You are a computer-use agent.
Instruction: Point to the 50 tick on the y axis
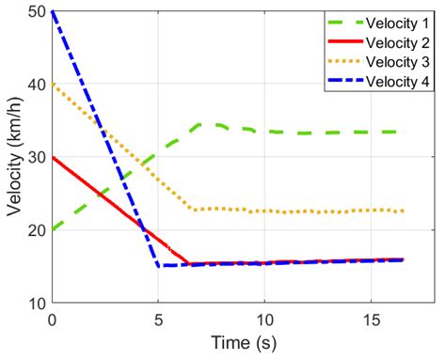click(x=36, y=12)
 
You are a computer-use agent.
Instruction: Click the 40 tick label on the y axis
click(x=36, y=85)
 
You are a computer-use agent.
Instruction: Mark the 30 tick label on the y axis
click(x=36, y=157)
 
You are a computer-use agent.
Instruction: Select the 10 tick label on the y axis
click(x=36, y=303)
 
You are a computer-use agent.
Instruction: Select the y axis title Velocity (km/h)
click(x=13, y=157)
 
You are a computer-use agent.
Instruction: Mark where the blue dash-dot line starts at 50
click(x=54, y=12)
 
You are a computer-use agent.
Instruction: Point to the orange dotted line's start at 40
click(x=54, y=85)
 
